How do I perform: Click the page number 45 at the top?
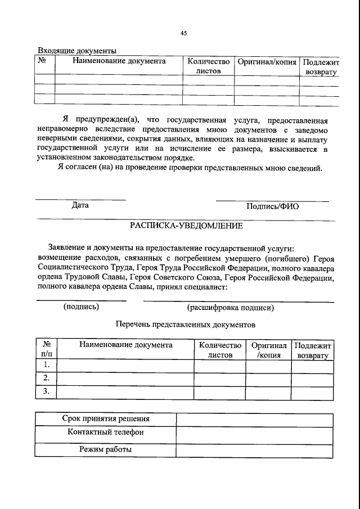pos(183,33)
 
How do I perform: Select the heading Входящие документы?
pos(76,51)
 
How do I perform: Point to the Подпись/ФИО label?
pos(272,206)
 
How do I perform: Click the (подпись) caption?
pos(82,307)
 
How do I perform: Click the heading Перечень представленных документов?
pos(186,324)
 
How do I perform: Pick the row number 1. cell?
pos(47,366)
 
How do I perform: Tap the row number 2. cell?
pos(47,378)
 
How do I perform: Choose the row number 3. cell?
pos(47,391)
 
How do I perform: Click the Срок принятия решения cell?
pos(106,419)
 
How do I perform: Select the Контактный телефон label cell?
pos(106,433)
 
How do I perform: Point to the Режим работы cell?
pos(106,449)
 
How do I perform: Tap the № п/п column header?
pos(47,350)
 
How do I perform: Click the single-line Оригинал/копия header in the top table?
pos(267,61)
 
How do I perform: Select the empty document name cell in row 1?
pos(126,366)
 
